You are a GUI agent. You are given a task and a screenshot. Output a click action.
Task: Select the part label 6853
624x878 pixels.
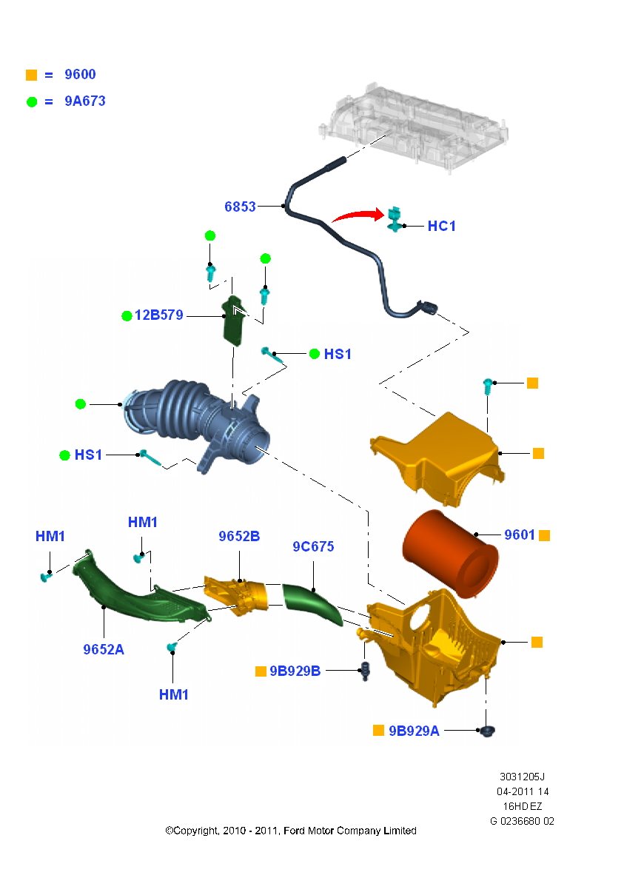tap(240, 207)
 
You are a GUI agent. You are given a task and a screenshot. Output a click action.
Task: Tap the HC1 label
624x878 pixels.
tap(441, 226)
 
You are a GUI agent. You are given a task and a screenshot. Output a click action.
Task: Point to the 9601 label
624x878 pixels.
tap(520, 534)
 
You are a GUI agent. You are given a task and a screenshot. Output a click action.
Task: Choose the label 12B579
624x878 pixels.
tap(158, 315)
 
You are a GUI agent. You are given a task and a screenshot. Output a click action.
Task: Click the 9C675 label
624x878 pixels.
tap(313, 546)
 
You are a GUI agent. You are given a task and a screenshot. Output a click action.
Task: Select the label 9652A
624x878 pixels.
tap(104, 649)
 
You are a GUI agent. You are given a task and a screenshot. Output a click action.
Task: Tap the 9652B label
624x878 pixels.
tap(239, 536)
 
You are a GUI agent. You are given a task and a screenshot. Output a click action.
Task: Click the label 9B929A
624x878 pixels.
tap(414, 731)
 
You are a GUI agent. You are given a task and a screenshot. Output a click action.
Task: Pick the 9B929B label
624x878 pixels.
tap(295, 671)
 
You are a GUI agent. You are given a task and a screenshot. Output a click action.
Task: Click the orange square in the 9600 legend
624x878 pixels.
tap(31, 75)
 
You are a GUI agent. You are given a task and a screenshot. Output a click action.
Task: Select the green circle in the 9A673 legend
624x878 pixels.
tap(32, 102)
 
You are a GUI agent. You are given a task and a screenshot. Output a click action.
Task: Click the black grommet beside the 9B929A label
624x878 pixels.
tap(488, 731)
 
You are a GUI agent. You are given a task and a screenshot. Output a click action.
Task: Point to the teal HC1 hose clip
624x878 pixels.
tap(395, 218)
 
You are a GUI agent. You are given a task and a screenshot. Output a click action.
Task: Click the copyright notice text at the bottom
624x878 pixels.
tap(291, 831)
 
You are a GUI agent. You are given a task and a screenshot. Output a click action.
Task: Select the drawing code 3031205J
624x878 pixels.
tap(522, 777)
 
